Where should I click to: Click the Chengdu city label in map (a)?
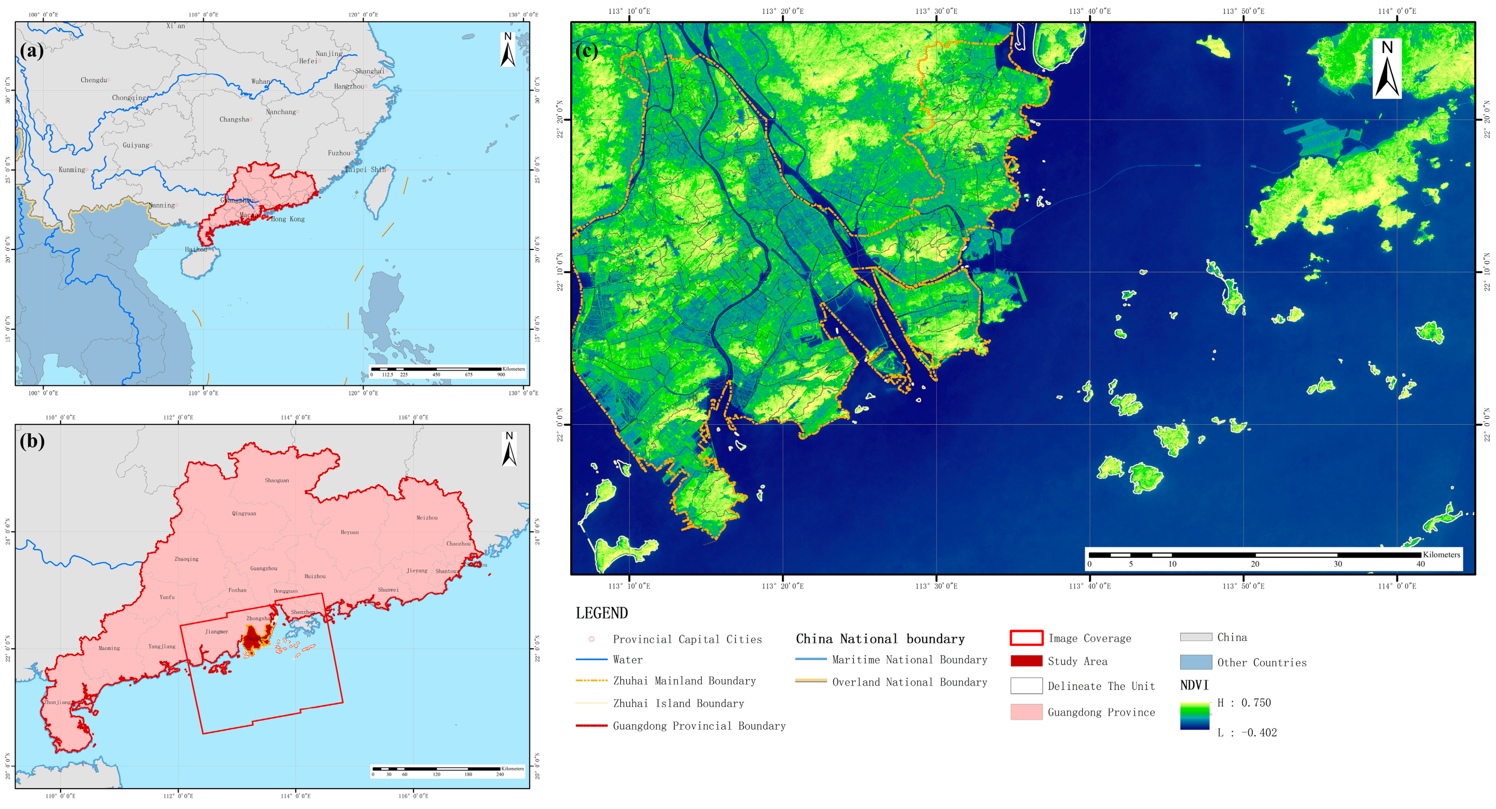[x=94, y=80]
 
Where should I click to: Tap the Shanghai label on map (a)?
[x=369, y=71]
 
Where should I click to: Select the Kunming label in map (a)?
[x=72, y=170]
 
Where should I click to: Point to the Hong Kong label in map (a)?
[x=288, y=219]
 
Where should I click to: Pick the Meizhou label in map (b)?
[x=427, y=518]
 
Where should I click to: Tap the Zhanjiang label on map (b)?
[x=58, y=702]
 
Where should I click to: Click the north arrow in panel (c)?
[x=1387, y=69]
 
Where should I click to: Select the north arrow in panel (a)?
[x=508, y=50]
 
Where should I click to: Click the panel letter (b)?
[x=32, y=441]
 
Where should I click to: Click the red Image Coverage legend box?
[x=1026, y=637]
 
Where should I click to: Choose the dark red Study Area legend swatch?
[x=1026, y=661]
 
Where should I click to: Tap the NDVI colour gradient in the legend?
[x=1195, y=716]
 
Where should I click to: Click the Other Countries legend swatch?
[x=1196, y=662]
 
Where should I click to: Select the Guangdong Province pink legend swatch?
[x=1026, y=712]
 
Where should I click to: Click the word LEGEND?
[x=601, y=613]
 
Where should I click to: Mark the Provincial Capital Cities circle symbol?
[x=591, y=639]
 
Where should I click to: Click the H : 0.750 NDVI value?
[x=1244, y=703]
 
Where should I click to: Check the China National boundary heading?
[x=880, y=639]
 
